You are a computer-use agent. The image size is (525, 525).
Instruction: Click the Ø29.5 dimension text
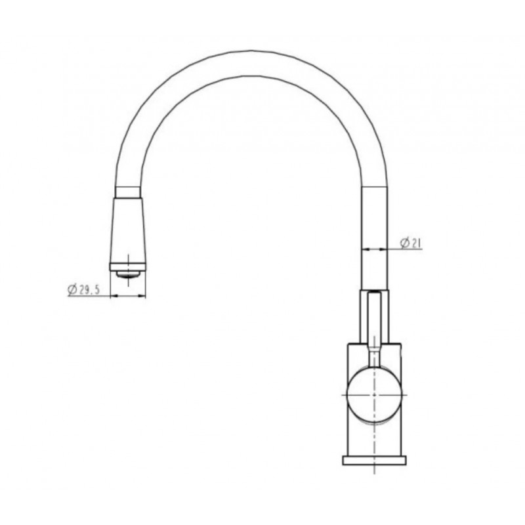coord(84,289)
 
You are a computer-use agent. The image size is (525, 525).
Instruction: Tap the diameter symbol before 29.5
coord(72,289)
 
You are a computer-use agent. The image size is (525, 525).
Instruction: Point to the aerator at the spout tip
coord(127,274)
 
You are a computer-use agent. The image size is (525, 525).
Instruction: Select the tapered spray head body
coord(127,230)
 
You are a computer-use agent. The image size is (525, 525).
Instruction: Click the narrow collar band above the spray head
coord(127,192)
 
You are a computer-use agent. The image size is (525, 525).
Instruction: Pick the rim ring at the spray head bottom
coord(127,267)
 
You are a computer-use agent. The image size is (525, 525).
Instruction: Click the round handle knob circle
coord(374,395)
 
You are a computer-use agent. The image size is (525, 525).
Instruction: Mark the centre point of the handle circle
coord(374,395)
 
